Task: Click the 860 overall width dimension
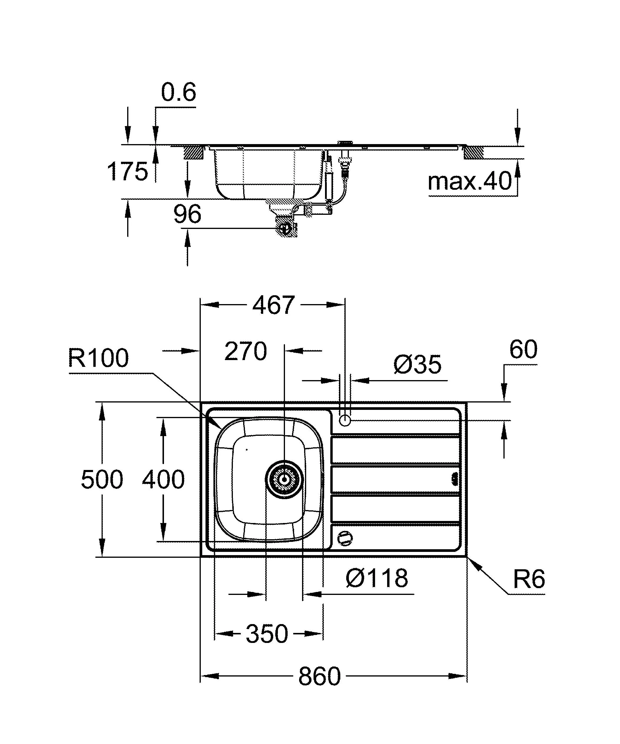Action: (319, 676)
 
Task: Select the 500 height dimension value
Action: (102, 479)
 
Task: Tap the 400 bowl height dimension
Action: (163, 479)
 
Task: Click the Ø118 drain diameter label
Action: (377, 578)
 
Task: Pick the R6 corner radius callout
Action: (529, 580)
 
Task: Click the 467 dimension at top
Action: (273, 305)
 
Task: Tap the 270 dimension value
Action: (246, 352)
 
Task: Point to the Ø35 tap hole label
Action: (417, 364)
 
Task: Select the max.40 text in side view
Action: (470, 182)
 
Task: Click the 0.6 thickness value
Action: (178, 93)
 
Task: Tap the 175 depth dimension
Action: (127, 171)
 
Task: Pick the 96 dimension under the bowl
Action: (187, 214)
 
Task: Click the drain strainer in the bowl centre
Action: (284, 480)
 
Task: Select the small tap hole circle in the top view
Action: (344, 421)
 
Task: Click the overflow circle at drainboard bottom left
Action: (345, 539)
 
